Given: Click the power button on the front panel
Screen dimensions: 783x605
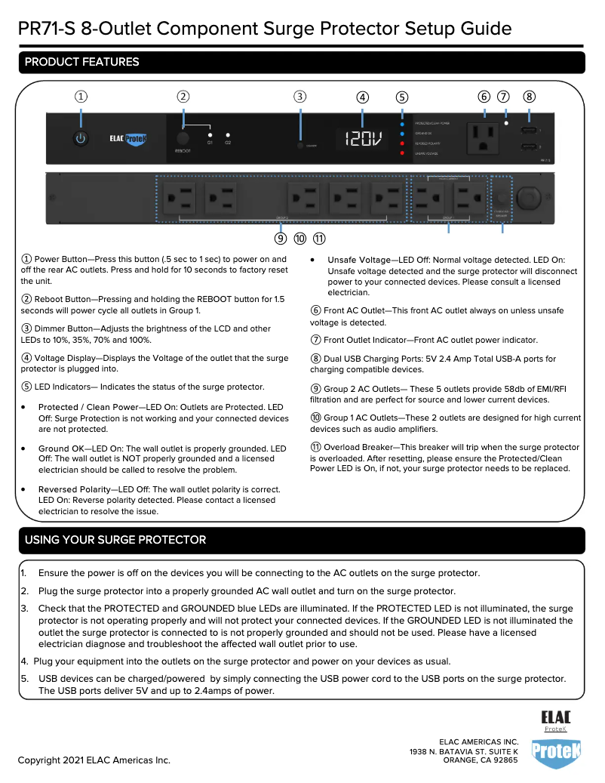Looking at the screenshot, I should (x=81, y=138).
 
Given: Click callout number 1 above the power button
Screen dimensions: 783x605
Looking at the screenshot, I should (x=81, y=96).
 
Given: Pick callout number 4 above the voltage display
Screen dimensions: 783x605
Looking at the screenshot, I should (x=363, y=97).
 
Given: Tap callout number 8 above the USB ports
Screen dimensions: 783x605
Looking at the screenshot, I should (x=530, y=96).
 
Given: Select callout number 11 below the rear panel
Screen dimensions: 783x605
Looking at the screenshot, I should (x=319, y=239).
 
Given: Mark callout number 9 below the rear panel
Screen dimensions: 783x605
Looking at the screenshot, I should (x=281, y=239).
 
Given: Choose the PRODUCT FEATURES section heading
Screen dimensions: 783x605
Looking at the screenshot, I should (x=81, y=62).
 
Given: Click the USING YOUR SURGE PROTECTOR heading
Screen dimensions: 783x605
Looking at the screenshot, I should (x=115, y=540).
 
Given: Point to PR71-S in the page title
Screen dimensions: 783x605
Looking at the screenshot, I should (x=48, y=29).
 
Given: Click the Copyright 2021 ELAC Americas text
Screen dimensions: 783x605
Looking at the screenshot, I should (x=94, y=760).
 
